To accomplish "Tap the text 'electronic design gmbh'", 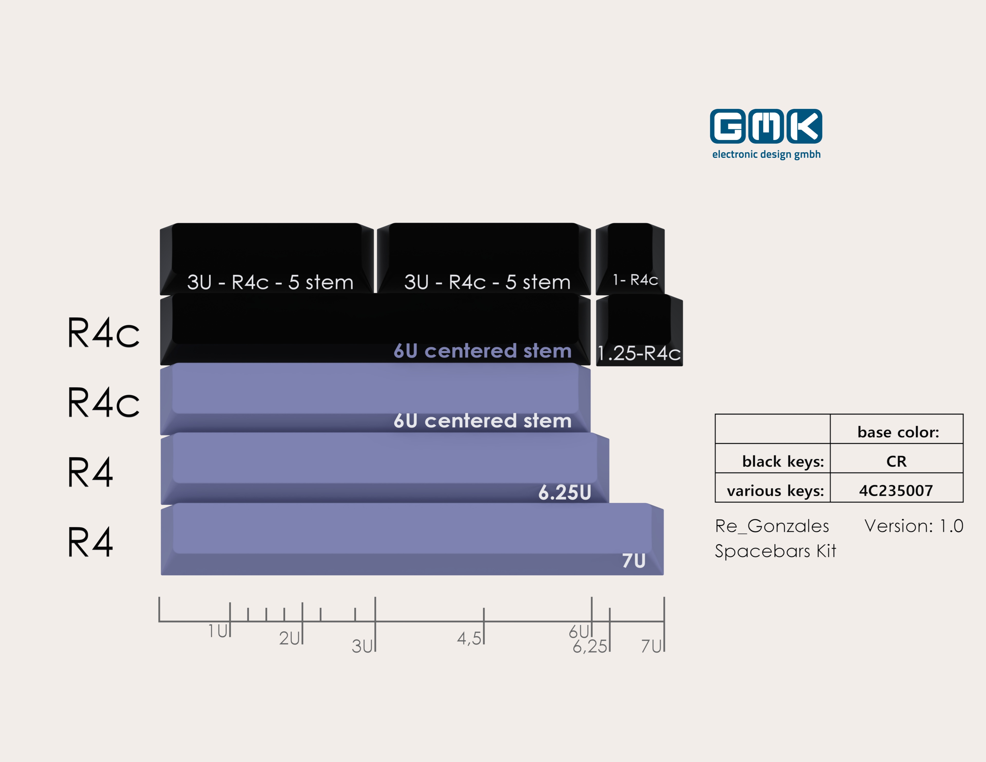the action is pos(766,154).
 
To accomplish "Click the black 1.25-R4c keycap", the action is pos(639,330).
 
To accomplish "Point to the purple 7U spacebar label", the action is pos(634,561).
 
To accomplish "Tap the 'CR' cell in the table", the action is pos(896,461).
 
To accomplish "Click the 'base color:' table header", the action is pos(898,432).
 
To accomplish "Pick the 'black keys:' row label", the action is pos(783,461).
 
